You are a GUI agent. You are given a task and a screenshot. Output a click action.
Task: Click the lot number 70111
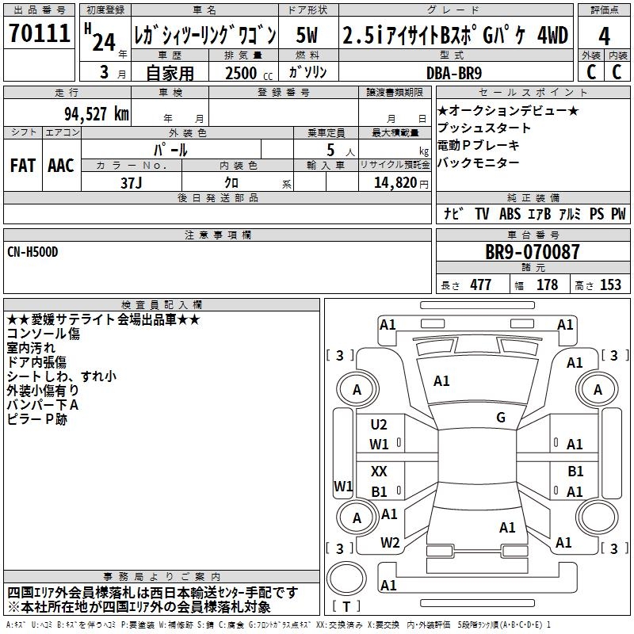(40, 35)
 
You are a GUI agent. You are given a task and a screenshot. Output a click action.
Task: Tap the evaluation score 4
(604, 36)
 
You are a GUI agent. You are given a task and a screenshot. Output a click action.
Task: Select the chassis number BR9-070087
(533, 253)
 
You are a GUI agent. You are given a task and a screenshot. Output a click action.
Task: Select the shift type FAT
(24, 166)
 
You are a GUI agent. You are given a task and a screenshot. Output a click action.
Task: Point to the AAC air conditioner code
(61, 166)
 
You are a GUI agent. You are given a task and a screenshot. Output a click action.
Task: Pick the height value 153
(610, 285)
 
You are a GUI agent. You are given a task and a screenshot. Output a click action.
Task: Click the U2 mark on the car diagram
(379, 425)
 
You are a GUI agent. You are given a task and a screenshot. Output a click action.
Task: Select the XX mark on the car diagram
(379, 472)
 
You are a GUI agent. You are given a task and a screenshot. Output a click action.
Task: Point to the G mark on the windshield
(501, 418)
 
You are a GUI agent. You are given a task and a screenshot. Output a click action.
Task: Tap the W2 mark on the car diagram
(389, 543)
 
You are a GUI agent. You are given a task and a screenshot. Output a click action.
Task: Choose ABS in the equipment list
(511, 213)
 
